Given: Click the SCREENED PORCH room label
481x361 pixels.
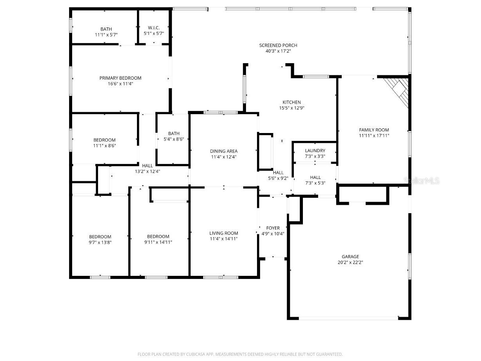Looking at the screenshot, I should [x=278, y=45].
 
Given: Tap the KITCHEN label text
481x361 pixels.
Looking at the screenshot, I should [x=292, y=102].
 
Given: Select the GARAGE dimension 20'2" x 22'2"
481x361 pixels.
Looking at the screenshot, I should [x=350, y=263].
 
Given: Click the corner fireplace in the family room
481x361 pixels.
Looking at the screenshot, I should [x=398, y=90].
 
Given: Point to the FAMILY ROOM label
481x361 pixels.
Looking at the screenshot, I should [x=374, y=130].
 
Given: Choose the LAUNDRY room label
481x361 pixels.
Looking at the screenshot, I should [x=315, y=151].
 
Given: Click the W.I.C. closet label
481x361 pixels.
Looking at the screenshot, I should [x=153, y=28].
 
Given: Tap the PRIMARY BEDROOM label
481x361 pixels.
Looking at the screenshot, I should [x=120, y=78].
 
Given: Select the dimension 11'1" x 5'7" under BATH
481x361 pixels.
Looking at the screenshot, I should [x=106, y=35].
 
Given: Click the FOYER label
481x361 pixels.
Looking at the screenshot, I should [x=273, y=228].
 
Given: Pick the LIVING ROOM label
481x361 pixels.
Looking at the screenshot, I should [x=224, y=233].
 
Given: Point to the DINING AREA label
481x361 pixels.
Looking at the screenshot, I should [x=224, y=151].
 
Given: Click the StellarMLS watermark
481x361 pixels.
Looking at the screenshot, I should [x=421, y=180].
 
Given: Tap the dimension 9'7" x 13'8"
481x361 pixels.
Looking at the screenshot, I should [x=100, y=242].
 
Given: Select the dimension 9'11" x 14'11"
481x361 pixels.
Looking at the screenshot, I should [x=158, y=242].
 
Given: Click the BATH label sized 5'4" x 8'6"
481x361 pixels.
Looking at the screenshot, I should [x=174, y=133].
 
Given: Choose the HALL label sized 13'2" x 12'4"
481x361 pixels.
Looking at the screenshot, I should [x=148, y=166].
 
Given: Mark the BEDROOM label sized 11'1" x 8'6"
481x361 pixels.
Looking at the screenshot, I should [x=104, y=140].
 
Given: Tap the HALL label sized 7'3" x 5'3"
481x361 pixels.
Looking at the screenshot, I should [x=315, y=177].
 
